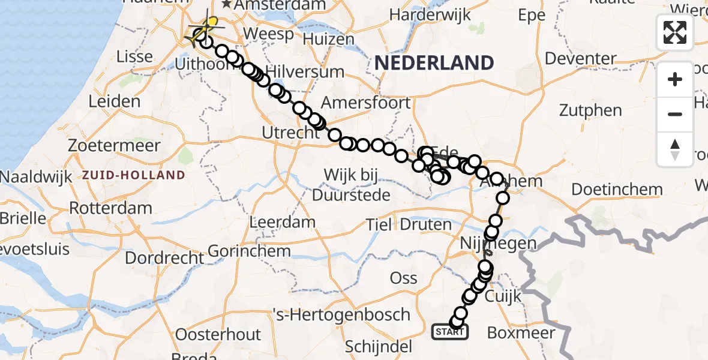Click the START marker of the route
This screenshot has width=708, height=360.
(x=450, y=331)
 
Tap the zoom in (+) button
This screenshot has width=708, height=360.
(x=675, y=80)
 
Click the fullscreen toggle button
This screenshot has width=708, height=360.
(x=675, y=32)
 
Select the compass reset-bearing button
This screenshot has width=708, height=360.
(x=675, y=149)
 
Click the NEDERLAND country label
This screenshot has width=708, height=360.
(x=434, y=62)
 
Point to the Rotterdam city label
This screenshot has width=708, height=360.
(x=111, y=209)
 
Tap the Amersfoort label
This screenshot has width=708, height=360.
(x=366, y=102)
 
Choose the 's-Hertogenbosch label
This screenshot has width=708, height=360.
(x=341, y=314)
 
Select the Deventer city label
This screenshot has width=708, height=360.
(x=581, y=59)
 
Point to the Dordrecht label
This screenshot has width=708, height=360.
(x=164, y=258)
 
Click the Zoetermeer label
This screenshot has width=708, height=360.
(x=115, y=146)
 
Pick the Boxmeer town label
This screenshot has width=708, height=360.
(x=521, y=332)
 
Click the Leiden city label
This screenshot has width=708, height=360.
(x=114, y=101)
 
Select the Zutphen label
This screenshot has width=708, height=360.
(x=590, y=110)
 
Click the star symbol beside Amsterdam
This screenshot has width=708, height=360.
(x=227, y=5)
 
